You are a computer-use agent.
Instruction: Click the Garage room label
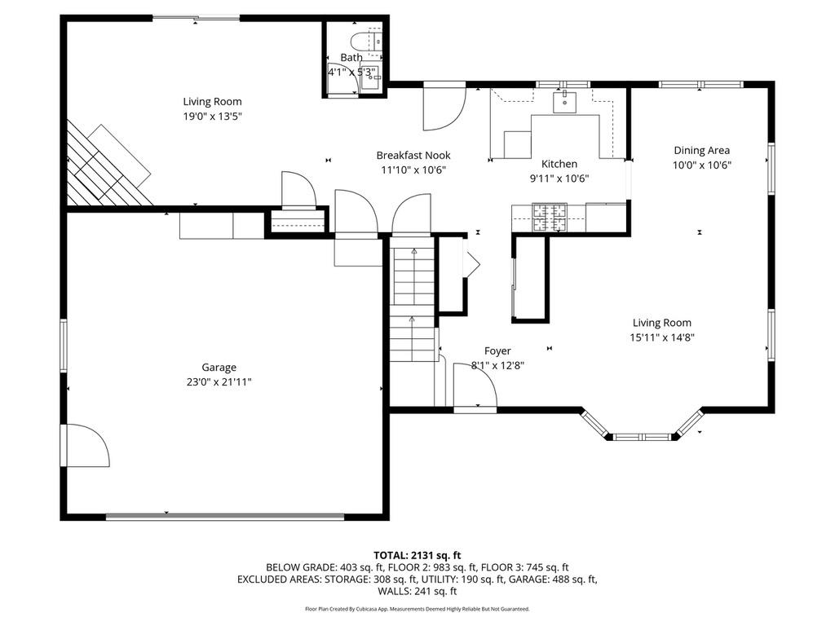(x=219, y=368)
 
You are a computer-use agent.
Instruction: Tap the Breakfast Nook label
(x=413, y=156)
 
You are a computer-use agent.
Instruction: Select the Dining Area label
(x=701, y=151)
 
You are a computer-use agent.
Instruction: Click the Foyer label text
(x=497, y=350)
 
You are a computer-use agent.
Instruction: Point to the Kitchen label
(x=559, y=164)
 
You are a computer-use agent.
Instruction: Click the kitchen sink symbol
(x=564, y=102)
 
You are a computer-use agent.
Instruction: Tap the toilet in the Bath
(x=366, y=41)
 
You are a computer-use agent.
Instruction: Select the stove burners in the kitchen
(x=550, y=217)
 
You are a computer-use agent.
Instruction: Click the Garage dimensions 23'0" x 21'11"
(x=219, y=381)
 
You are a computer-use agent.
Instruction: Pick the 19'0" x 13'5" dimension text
(x=213, y=116)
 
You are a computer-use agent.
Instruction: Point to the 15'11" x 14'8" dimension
(x=662, y=337)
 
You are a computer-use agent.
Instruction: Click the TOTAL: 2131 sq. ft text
(x=417, y=556)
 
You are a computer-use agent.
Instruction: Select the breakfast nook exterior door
(x=444, y=107)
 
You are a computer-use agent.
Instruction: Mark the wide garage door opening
(x=225, y=516)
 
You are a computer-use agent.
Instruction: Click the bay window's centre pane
(x=643, y=438)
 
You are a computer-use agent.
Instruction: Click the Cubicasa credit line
(x=417, y=608)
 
